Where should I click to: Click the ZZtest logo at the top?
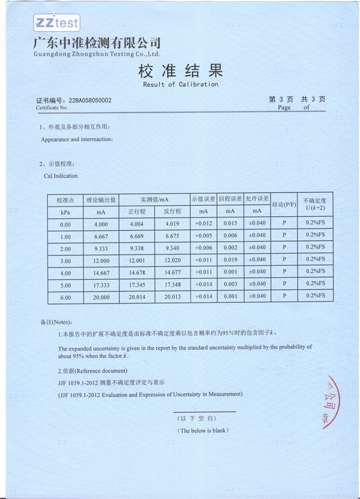click(56, 23)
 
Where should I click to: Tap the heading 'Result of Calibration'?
click(180, 85)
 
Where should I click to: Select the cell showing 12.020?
click(172, 261)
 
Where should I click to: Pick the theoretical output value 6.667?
click(101, 236)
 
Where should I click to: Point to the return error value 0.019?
click(230, 260)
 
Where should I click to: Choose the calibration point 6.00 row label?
click(65, 297)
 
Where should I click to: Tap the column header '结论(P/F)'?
click(284, 205)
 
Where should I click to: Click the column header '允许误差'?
click(257, 199)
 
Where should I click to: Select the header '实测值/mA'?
click(154, 199)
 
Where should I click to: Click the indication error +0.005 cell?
click(203, 236)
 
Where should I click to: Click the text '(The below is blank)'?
click(203, 431)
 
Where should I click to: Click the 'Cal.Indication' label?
click(61, 176)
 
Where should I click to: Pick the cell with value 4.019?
click(172, 224)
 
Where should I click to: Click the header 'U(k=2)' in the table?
click(315, 208)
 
